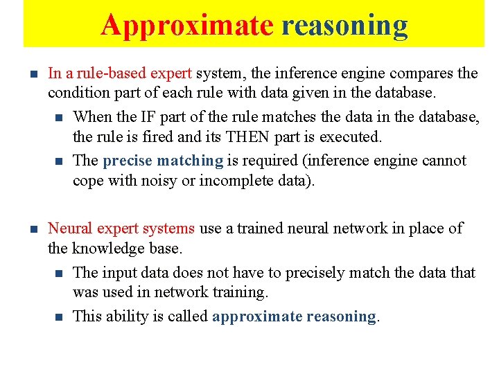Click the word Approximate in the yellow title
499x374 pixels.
point(187,25)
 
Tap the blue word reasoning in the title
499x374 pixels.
point(344,25)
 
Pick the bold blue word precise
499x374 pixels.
point(127,161)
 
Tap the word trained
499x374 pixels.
point(267,229)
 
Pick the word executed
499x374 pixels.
point(353,137)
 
